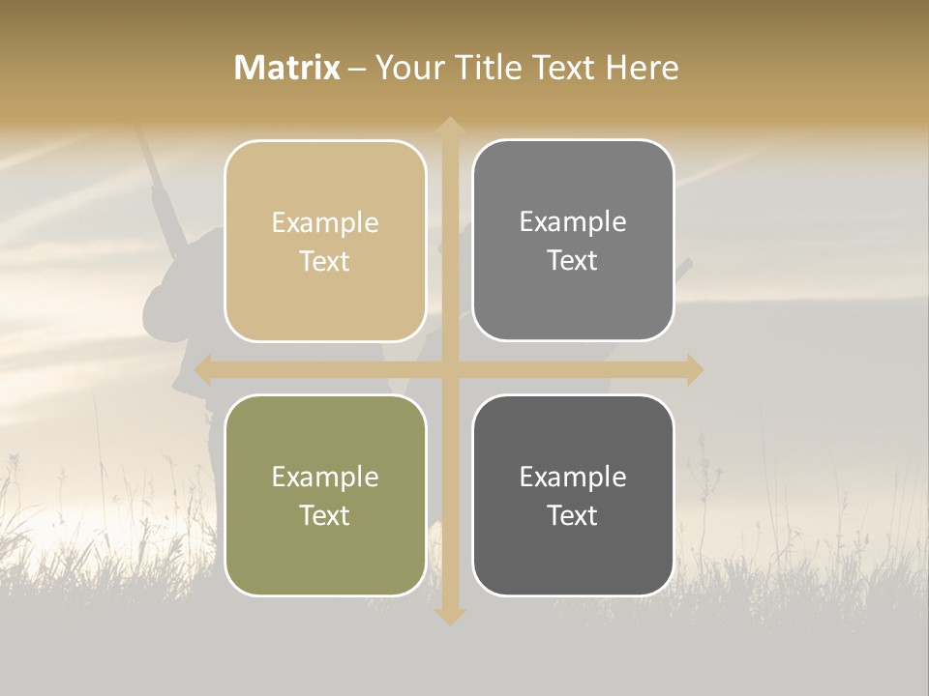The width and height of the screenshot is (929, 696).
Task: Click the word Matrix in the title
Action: click(286, 68)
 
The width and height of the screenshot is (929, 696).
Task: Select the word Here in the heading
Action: click(642, 68)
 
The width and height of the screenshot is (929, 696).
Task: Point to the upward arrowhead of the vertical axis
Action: click(450, 127)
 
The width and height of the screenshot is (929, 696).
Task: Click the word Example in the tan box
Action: click(325, 222)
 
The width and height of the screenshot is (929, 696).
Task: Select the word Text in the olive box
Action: click(325, 515)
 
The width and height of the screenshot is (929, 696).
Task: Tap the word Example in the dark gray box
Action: click(573, 477)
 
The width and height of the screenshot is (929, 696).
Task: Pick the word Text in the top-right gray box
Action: click(573, 260)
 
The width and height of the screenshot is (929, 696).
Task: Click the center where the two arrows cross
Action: click(450, 369)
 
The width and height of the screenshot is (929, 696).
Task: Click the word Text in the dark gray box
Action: click(573, 515)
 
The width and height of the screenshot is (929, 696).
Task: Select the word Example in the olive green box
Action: click(325, 477)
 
